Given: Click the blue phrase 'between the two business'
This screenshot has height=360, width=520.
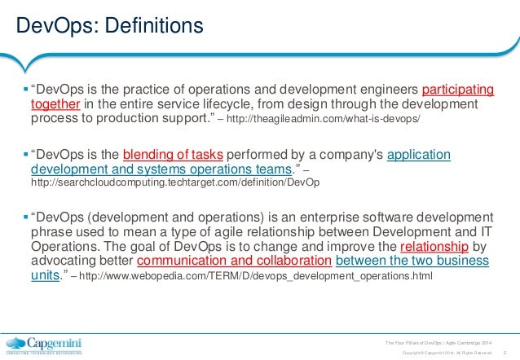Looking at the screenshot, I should [x=412, y=262].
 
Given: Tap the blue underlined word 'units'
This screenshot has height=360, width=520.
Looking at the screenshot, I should [x=45, y=277].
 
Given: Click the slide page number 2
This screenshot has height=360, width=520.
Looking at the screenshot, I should [x=505, y=352].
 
